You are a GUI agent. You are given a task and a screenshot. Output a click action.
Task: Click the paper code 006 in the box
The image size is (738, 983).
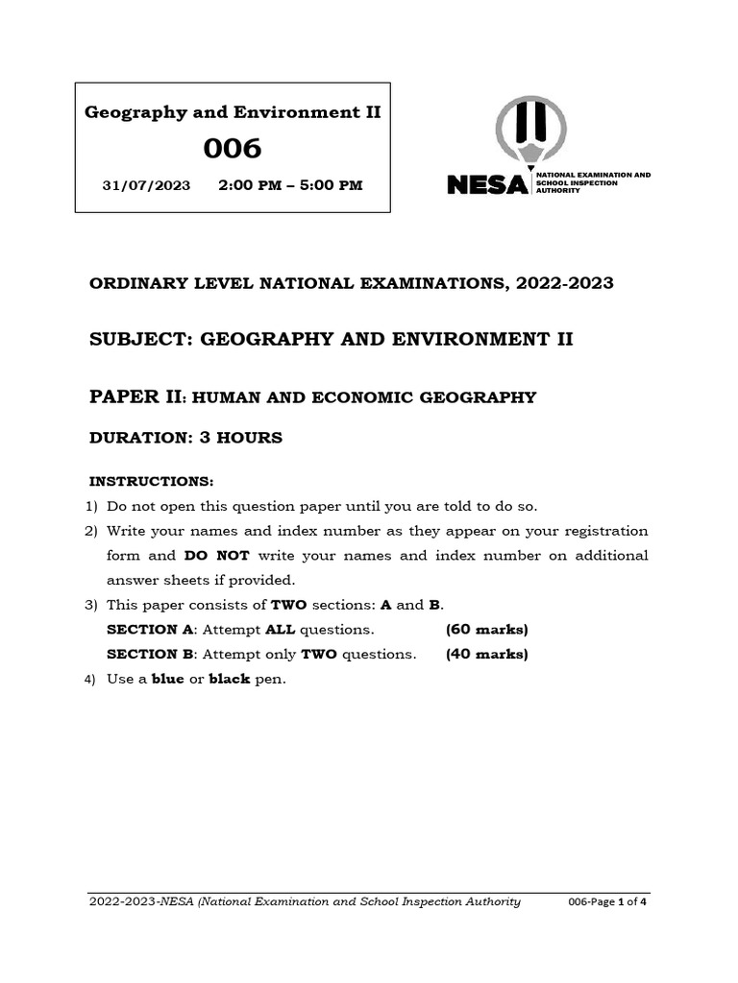(233, 149)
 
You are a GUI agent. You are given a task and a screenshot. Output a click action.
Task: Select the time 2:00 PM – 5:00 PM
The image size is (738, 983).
(290, 184)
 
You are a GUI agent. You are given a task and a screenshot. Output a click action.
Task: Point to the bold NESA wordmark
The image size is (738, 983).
(487, 183)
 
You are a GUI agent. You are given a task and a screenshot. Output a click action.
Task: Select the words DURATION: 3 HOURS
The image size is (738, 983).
(185, 438)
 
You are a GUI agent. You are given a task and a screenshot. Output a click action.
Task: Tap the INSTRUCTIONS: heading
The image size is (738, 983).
(151, 480)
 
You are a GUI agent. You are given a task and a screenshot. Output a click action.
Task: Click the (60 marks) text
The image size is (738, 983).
(486, 630)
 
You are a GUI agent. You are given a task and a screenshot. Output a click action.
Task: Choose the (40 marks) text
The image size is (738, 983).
(486, 655)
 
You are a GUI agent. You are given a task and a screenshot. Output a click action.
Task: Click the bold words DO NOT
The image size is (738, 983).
(216, 556)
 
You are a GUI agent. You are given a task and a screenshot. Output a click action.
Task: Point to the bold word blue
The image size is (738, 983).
(168, 679)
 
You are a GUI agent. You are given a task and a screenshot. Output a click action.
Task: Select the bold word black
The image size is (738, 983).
(230, 679)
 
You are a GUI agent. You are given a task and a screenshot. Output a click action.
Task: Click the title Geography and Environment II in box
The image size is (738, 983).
(234, 112)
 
